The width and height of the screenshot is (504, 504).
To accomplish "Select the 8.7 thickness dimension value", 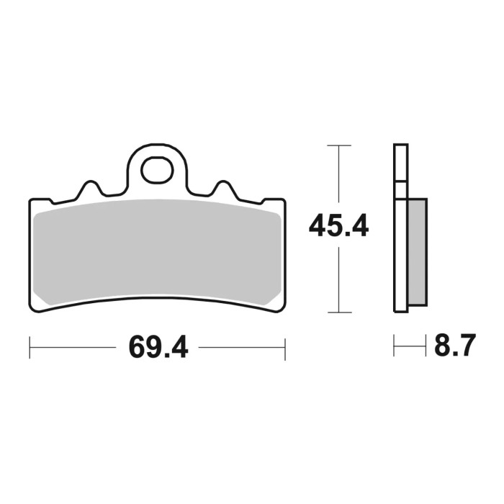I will pos(454,347).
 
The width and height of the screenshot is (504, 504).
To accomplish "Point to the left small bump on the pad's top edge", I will pos(89,189).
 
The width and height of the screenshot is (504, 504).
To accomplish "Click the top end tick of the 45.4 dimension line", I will pos(338,146).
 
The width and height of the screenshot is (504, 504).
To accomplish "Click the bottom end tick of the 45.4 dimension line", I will pos(338,312).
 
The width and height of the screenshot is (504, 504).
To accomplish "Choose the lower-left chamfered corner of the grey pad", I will pos(40,296).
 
